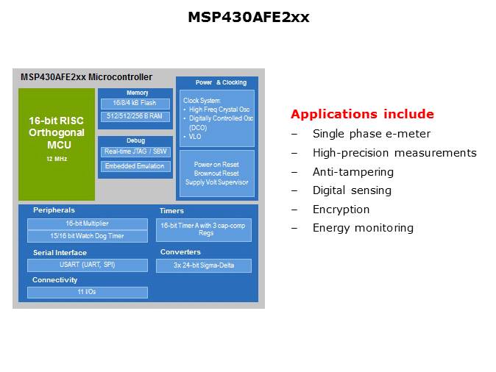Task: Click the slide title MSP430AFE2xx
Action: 248,17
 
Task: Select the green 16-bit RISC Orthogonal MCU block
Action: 57,144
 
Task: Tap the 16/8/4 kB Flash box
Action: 136,104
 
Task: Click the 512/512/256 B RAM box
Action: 136,117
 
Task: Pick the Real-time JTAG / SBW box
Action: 136,151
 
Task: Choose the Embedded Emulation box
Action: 136,167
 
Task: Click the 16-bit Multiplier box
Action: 88,223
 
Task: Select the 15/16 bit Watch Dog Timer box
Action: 88,237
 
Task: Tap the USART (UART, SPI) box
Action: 88,265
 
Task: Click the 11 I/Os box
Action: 88,293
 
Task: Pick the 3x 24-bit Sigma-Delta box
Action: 204,265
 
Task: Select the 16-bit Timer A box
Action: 204,229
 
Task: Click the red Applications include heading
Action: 362,115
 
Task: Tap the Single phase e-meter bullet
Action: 371,134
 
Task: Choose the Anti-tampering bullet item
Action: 352,172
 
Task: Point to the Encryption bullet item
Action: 341,210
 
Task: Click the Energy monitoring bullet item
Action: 363,228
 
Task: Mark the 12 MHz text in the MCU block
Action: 57,159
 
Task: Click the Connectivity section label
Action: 55,280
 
